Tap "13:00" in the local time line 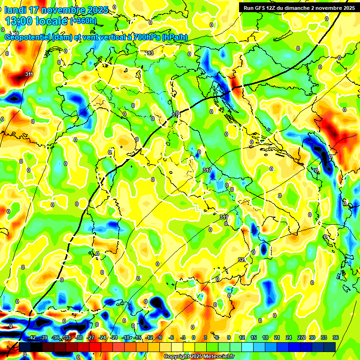[18, 21]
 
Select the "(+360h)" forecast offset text [84, 21]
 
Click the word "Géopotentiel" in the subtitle [27, 37]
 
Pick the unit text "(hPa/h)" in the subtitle [175, 37]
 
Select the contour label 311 [29, 74]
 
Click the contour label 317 [207, 170]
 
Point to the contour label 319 [224, 217]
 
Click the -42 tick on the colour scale [31, 337]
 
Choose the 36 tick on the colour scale [335, 337]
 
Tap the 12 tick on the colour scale [241, 337]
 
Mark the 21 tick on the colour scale [277, 337]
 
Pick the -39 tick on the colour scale [43, 337]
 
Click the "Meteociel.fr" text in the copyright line [218, 357]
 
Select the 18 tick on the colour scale [265, 337]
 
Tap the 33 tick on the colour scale [323, 337]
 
